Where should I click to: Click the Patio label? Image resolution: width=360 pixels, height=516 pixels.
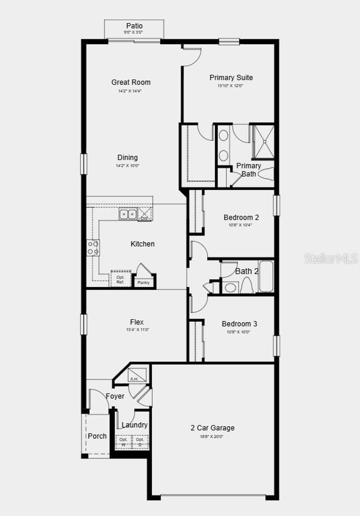click(x=134, y=26)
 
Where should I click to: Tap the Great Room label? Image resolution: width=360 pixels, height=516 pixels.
click(x=131, y=82)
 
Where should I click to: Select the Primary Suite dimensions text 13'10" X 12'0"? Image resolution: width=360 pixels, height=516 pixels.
click(x=230, y=86)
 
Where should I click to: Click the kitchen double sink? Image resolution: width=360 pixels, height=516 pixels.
click(x=128, y=214)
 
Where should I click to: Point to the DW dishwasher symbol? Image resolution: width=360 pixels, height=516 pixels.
click(x=144, y=214)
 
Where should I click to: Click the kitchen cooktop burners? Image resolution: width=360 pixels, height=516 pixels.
click(x=93, y=248)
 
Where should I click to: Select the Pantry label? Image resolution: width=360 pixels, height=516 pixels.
click(x=143, y=282)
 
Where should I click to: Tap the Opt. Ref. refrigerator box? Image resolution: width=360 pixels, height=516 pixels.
click(x=121, y=279)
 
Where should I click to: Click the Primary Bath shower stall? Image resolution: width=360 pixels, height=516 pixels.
click(x=263, y=142)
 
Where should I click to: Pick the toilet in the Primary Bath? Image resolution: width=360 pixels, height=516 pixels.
click(x=265, y=174)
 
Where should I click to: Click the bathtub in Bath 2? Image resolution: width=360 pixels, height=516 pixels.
click(x=266, y=276)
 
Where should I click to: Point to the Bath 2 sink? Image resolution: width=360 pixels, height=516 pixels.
click(x=230, y=288)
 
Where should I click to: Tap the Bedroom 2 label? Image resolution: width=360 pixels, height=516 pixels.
click(x=241, y=217)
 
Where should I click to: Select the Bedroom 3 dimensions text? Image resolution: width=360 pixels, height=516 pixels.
click(x=238, y=332)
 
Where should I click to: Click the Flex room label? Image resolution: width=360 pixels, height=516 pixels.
click(x=137, y=322)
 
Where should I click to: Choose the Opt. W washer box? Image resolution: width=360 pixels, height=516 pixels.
click(x=123, y=442)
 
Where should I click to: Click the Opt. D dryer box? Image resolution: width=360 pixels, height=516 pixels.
click(x=140, y=442)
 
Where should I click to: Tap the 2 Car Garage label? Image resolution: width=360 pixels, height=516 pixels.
click(x=212, y=428)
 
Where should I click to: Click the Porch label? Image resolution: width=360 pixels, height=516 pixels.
click(x=97, y=436)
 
